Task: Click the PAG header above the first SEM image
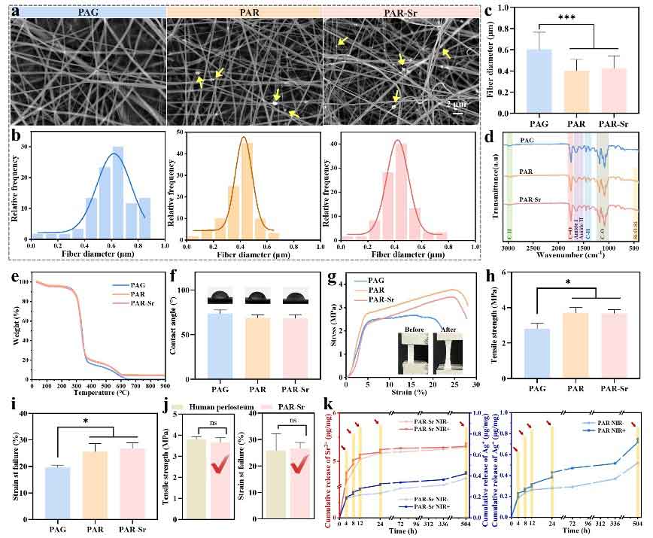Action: coord(88,13)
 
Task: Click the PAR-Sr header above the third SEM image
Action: coord(399,13)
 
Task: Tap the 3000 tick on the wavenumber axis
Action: coord(509,249)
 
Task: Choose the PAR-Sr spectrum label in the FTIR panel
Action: coord(529,199)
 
